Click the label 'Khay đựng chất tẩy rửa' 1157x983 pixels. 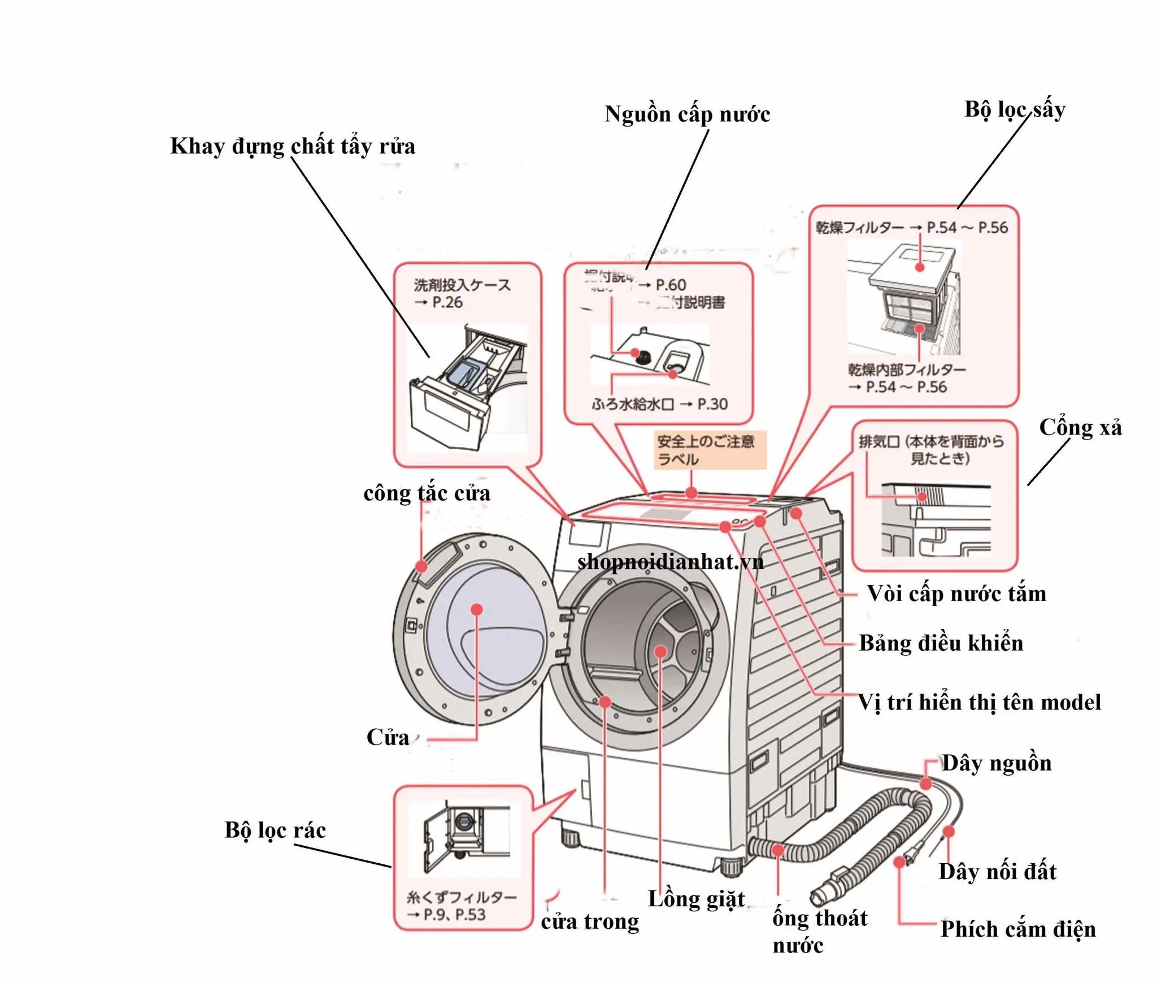[293, 146]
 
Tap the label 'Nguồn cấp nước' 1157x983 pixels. [687, 115]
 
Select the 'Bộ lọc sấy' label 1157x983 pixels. [1015, 110]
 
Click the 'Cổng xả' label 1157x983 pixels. [1080, 428]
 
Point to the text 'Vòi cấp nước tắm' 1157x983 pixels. [956, 594]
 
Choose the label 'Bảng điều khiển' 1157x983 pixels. [941, 643]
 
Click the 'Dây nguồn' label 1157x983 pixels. [997, 763]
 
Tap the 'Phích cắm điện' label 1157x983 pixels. [1017, 929]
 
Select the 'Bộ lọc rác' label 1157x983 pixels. [275, 830]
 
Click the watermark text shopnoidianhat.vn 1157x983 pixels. [671, 562]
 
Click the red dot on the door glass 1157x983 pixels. [477, 609]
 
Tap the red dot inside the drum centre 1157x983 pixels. [660, 651]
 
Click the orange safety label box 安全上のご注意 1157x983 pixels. [710, 450]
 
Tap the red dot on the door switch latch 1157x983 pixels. [421, 566]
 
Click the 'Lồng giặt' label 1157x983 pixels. [696, 899]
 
